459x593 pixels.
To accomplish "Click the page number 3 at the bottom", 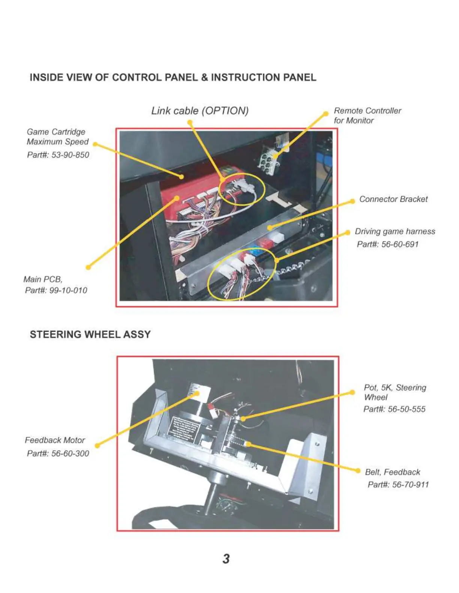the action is click(x=226, y=559).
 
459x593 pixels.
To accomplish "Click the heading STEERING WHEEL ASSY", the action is click(x=90, y=334).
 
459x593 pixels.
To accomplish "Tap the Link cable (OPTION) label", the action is click(x=200, y=111).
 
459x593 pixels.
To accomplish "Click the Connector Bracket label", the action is click(x=393, y=199).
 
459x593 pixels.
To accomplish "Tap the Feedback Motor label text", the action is click(x=55, y=440).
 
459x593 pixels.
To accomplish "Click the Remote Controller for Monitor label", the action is click(x=367, y=116).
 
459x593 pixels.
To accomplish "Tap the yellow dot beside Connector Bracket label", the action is click(x=352, y=201).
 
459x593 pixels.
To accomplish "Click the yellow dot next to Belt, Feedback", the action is click(x=358, y=470).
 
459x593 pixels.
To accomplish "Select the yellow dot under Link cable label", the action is click(x=190, y=122).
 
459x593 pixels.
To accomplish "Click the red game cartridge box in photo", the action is click(x=180, y=198).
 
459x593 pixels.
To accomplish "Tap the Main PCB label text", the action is click(x=43, y=279).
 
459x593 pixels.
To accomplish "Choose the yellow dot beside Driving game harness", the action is click(x=347, y=232).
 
